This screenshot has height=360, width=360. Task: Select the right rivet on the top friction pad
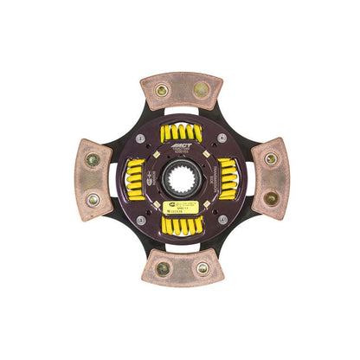click(202, 87)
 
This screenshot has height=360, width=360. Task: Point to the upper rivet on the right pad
click(270, 158)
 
